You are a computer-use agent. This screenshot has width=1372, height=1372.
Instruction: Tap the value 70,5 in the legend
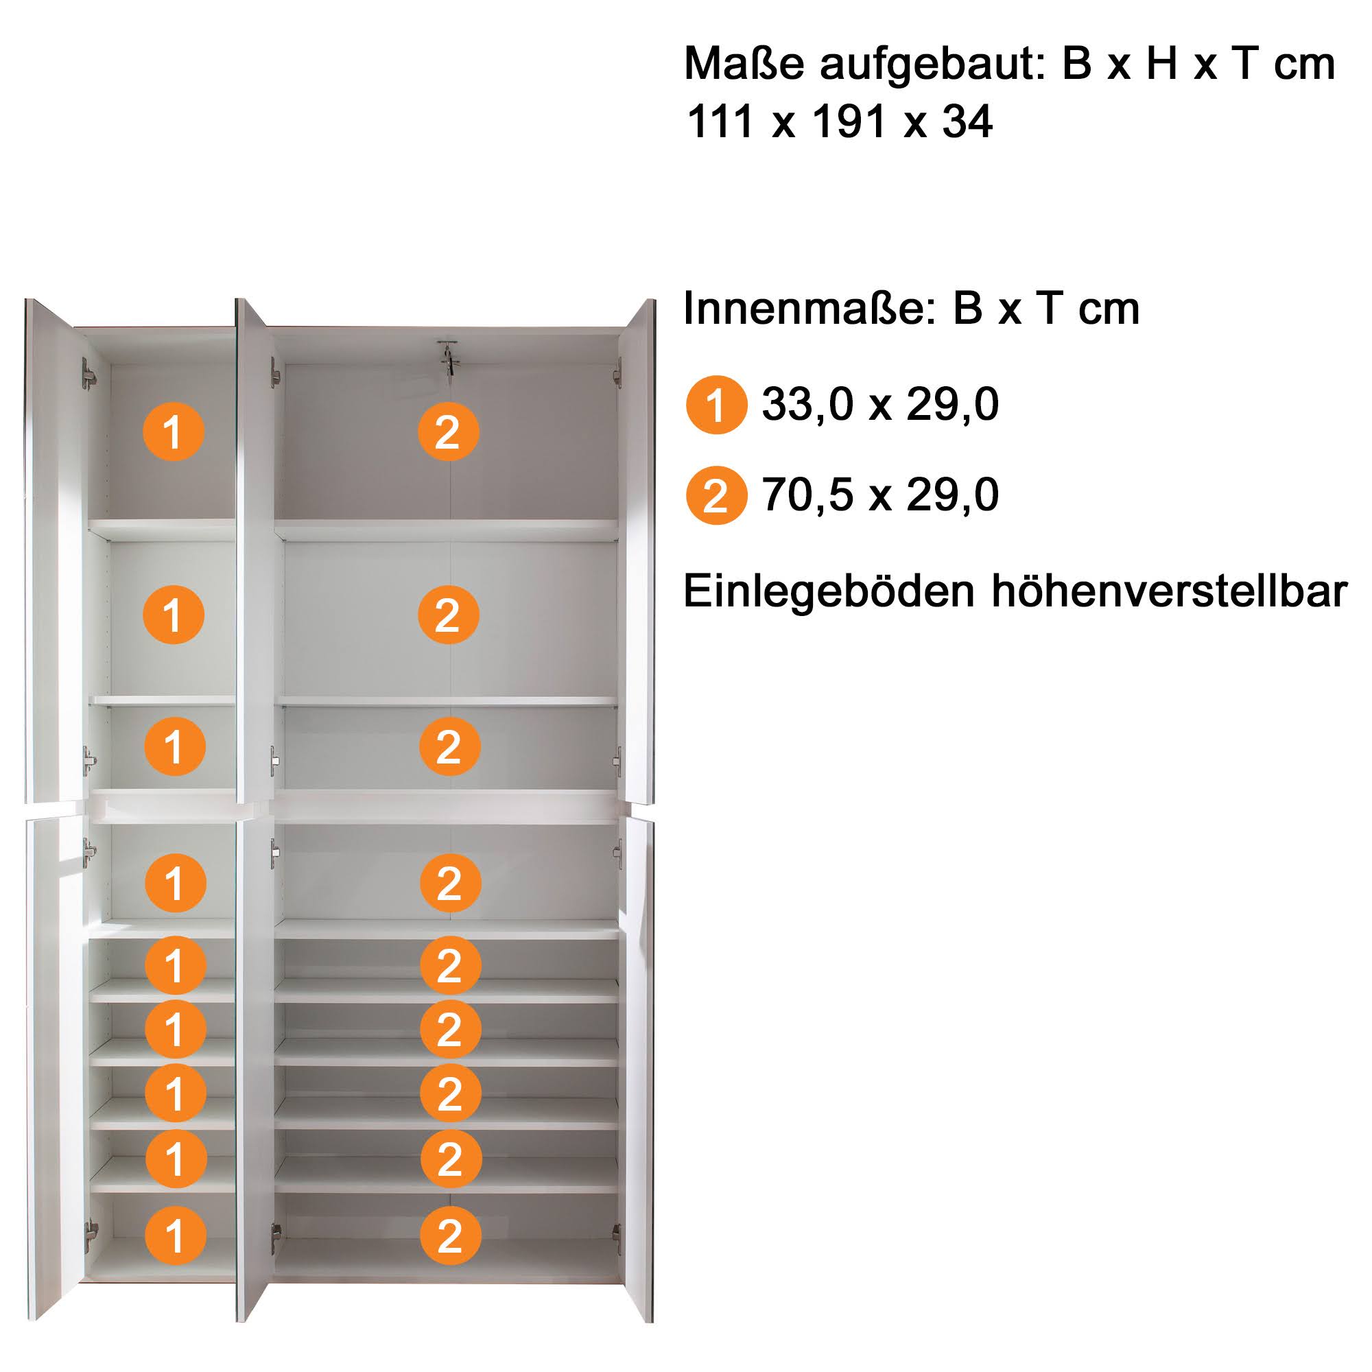(808, 495)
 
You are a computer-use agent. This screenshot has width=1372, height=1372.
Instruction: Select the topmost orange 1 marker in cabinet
(174, 431)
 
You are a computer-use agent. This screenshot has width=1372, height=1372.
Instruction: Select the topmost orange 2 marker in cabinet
(448, 431)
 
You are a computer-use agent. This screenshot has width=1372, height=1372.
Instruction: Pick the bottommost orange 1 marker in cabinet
(176, 1236)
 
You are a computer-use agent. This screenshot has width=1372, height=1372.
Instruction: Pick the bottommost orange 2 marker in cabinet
(450, 1236)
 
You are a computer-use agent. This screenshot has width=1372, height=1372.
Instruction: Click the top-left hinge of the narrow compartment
(88, 374)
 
